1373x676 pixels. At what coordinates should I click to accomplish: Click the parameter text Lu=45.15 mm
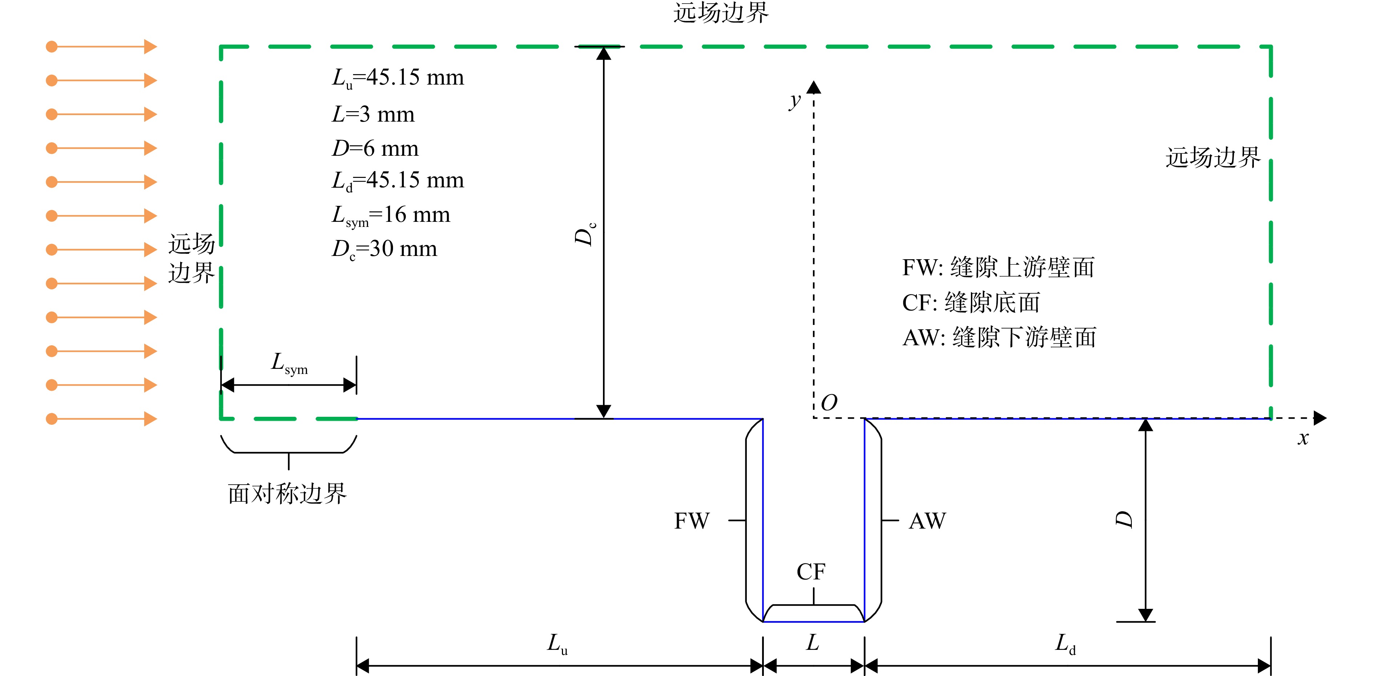click(x=398, y=78)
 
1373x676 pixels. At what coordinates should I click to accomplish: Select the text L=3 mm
click(x=373, y=114)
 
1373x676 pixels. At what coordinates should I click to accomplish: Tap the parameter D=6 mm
click(x=375, y=148)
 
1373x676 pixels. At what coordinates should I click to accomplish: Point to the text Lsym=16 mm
click(x=391, y=216)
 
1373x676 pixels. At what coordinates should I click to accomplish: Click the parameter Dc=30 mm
click(x=384, y=249)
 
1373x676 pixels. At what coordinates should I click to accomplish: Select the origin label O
click(x=829, y=403)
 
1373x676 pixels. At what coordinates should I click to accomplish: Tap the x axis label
click(x=1303, y=438)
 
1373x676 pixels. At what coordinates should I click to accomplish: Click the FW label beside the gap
click(x=692, y=521)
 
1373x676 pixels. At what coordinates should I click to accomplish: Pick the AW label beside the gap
click(x=927, y=521)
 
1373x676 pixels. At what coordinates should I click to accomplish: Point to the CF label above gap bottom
click(x=811, y=571)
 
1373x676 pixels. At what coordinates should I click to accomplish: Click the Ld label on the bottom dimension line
click(x=1065, y=643)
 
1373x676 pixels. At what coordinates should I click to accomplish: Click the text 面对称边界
click(x=287, y=494)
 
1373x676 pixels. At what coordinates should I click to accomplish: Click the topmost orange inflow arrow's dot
click(x=52, y=47)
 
